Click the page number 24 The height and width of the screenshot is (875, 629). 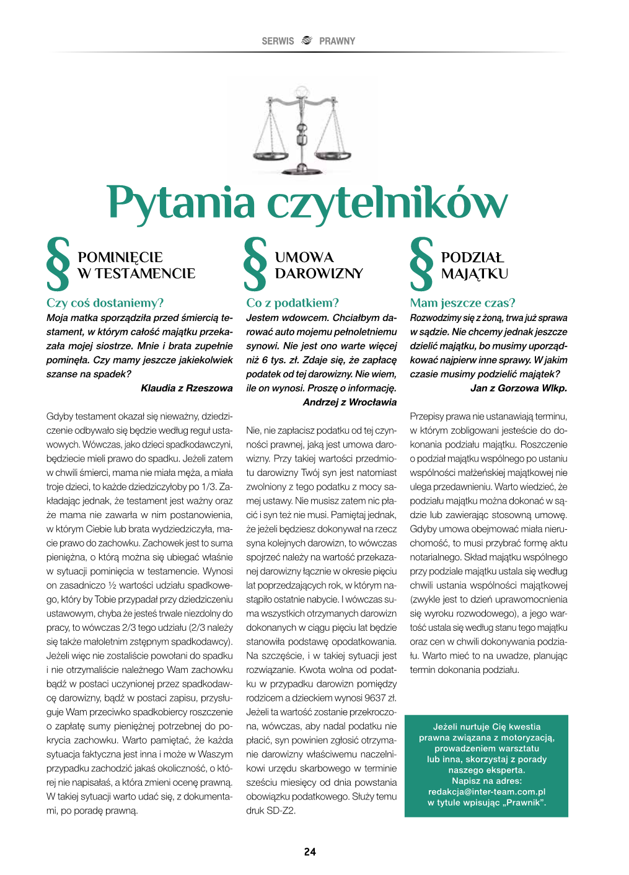310,852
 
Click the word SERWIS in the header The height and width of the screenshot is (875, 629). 278,41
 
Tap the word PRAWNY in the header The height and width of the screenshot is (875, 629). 337,41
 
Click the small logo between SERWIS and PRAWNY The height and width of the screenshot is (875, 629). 306,40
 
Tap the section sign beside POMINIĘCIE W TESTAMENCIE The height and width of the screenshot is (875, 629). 58,264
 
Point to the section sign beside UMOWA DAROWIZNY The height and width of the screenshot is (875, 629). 255,264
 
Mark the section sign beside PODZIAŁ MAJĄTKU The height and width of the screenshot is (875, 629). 421,264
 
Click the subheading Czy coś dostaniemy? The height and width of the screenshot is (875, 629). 105,303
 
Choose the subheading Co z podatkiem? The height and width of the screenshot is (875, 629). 293,303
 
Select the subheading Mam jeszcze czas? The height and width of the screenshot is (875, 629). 462,303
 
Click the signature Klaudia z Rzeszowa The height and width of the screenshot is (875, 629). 187,389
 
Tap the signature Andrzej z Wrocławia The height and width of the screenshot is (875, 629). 350,403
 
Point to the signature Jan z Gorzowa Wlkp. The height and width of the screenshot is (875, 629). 519,389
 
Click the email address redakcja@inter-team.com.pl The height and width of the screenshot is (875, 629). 486,792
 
